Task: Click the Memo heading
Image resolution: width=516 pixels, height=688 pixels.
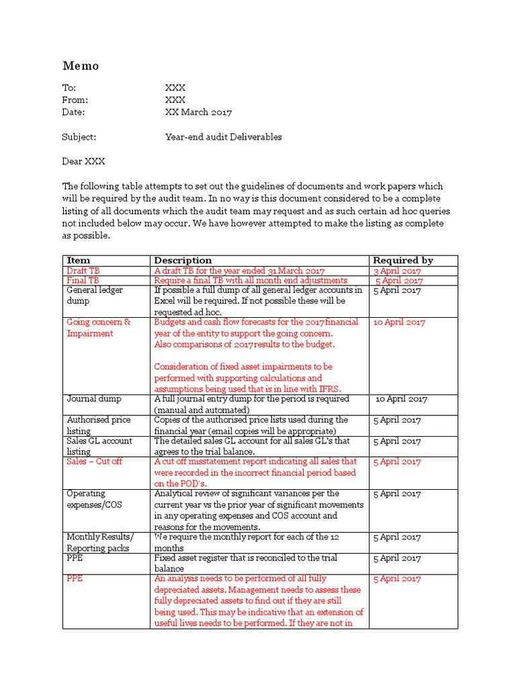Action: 81,66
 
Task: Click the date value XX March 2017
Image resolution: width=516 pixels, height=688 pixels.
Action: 198,112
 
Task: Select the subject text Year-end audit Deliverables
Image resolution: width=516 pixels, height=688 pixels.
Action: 224,137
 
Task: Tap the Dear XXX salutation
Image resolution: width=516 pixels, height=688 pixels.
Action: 84,161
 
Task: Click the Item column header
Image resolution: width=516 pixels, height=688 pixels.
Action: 79,260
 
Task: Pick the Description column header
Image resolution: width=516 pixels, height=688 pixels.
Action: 183,260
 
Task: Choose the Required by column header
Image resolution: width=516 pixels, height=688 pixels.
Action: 403,260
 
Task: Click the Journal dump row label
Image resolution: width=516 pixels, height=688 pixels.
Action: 94,398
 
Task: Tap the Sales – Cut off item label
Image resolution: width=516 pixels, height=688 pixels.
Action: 95,462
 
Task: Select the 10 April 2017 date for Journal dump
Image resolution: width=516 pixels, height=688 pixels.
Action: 400,399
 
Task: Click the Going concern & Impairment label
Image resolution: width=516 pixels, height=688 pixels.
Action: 99,328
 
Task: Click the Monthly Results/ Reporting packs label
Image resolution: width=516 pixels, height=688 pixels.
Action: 100,542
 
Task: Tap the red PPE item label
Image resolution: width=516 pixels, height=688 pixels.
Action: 75,578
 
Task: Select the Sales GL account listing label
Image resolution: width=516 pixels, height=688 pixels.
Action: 99,446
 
